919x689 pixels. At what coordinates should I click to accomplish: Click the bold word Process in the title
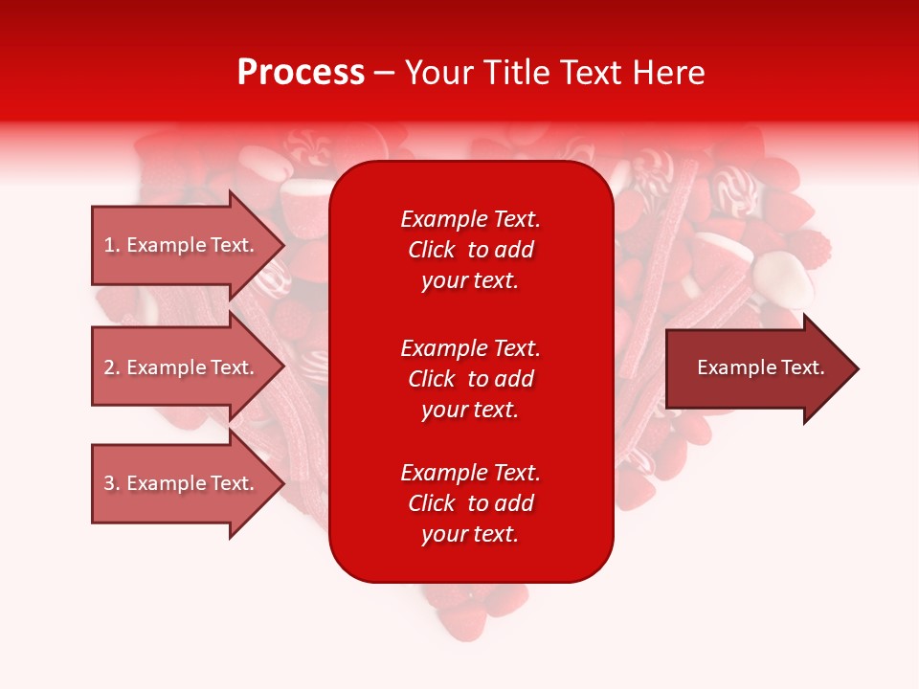pyautogui.click(x=301, y=73)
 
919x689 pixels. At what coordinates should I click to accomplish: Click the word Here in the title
pyautogui.click(x=669, y=73)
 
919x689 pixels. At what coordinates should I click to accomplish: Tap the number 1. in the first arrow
pyautogui.click(x=112, y=245)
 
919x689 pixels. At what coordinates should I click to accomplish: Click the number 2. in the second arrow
pyautogui.click(x=112, y=367)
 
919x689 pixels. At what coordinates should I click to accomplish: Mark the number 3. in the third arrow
pyautogui.click(x=112, y=483)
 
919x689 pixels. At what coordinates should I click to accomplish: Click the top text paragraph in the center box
pyautogui.click(x=470, y=250)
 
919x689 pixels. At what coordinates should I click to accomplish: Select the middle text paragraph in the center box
pyautogui.click(x=470, y=379)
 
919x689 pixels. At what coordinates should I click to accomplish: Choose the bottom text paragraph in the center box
pyautogui.click(x=470, y=503)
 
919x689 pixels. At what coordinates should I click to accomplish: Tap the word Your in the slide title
pyautogui.click(x=438, y=73)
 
